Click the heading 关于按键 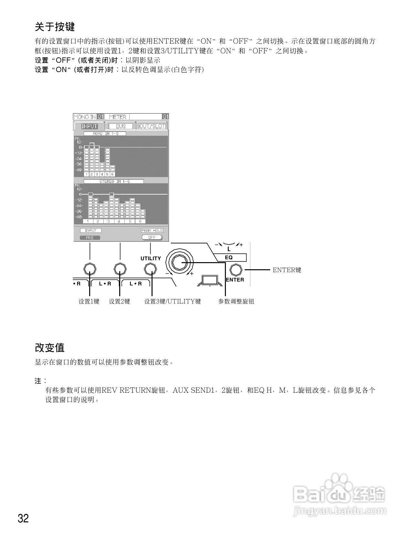tap(55, 27)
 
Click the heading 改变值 tap(50, 348)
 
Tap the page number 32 tap(23, 518)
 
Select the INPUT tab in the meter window tap(89, 126)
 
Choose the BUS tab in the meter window tap(121, 126)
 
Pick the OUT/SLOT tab tap(152, 126)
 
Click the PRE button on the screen tap(90, 238)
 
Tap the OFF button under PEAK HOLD tap(152, 238)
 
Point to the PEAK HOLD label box tap(152, 230)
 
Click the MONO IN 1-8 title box tap(105, 133)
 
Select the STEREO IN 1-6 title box tap(114, 182)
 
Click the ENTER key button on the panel tap(236, 270)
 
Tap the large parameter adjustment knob tap(179, 262)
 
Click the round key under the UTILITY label tap(151, 269)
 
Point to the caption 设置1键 tap(89, 301)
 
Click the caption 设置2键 tap(120, 301)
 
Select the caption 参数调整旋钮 tap(236, 301)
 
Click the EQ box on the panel tap(229, 258)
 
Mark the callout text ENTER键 tap(287, 270)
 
